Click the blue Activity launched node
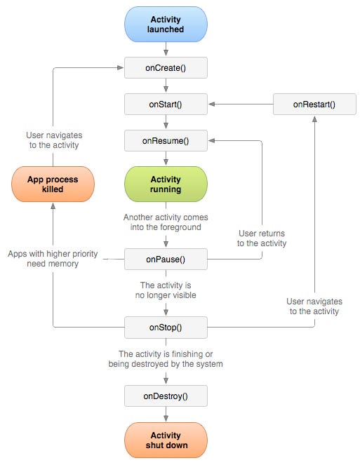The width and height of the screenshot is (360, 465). [166, 25]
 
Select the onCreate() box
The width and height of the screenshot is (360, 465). [166, 68]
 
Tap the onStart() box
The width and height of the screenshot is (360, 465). [166, 105]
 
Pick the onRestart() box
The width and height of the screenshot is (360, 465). [314, 105]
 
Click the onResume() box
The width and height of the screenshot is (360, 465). [166, 141]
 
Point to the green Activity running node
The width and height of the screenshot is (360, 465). [166, 184]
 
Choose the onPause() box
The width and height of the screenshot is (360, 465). [166, 259]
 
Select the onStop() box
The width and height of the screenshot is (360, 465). [166, 327]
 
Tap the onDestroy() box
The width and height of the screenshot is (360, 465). [166, 396]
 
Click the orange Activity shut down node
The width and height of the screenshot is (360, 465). [166, 440]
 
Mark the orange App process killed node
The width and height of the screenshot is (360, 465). [53, 184]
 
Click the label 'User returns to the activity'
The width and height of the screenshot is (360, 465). [262, 238]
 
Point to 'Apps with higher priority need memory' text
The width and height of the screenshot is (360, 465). [53, 258]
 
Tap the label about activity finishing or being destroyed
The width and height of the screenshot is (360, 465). [166, 358]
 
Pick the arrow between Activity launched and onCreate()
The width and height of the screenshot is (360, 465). [166, 49]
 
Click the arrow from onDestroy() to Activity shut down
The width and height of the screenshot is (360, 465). [166, 415]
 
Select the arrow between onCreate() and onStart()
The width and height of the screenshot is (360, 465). [166, 86]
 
